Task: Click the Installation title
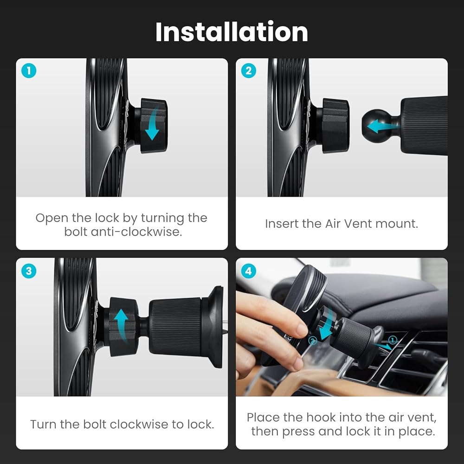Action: [232, 32]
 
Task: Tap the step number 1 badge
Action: [29, 71]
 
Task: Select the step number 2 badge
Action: [249, 71]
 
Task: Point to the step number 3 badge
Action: [29, 271]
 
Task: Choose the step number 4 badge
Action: [249, 271]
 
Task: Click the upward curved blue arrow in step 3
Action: [121, 324]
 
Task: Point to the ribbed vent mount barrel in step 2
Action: [424, 126]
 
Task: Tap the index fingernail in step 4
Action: [303, 329]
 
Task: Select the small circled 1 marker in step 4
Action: [393, 340]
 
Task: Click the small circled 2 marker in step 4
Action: [313, 341]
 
